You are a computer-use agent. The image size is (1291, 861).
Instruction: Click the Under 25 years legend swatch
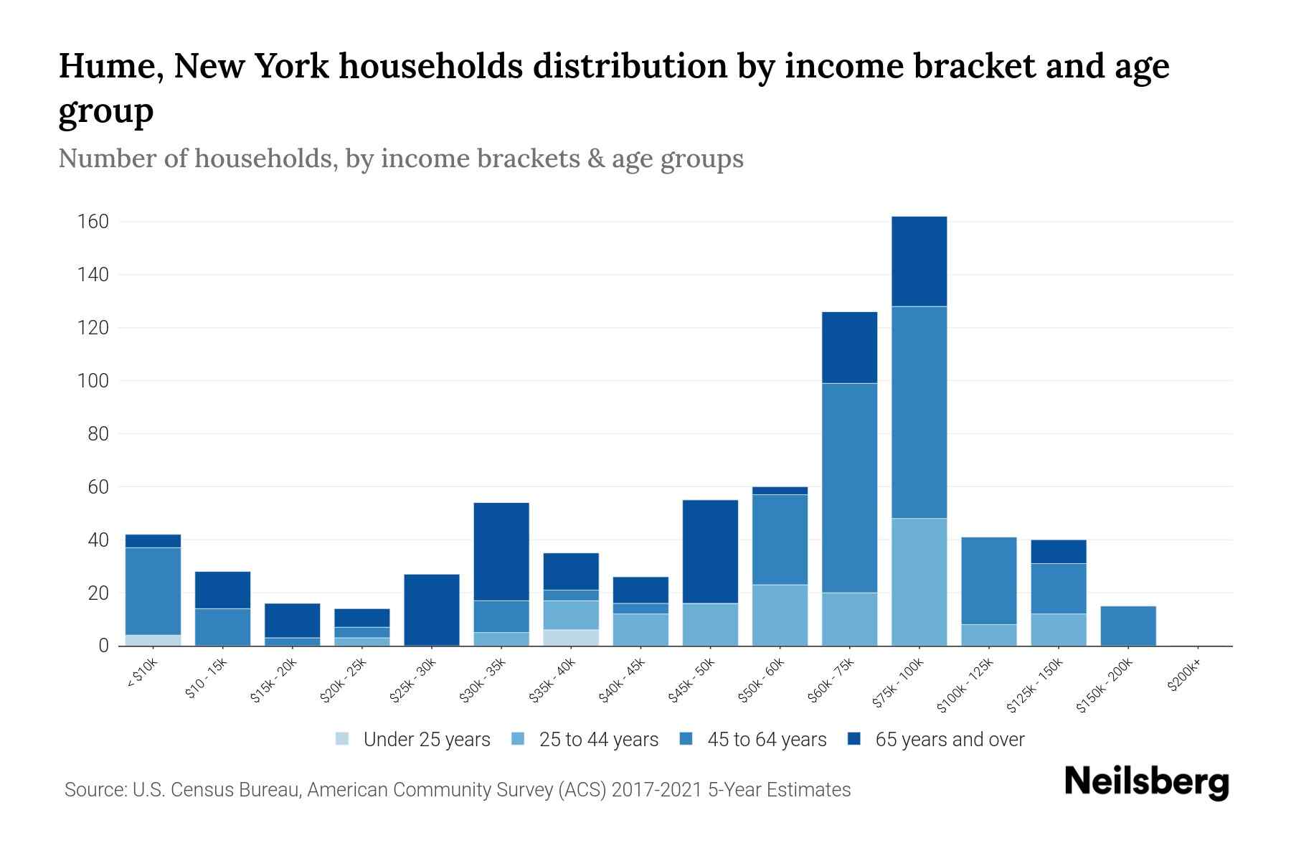343,739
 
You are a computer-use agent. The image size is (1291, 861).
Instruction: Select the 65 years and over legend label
950,739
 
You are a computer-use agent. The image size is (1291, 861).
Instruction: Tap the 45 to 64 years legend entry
766,739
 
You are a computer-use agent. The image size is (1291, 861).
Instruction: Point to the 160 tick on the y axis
93,222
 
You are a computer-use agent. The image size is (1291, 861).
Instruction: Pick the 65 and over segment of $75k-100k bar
919,261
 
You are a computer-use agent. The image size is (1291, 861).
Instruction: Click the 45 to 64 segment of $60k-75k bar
849,488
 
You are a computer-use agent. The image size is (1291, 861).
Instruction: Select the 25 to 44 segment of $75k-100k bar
919,582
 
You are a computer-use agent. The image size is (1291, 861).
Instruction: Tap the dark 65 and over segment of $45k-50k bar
710,551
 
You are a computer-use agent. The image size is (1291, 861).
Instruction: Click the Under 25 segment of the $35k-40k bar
571,638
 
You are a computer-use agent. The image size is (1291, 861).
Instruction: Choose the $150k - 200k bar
1128,626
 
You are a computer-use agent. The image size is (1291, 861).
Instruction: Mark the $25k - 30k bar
432,610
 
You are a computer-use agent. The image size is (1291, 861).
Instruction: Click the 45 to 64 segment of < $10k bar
153,591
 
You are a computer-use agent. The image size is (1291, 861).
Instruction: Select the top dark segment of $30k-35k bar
501,551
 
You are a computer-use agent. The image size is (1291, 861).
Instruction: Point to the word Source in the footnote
93,790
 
